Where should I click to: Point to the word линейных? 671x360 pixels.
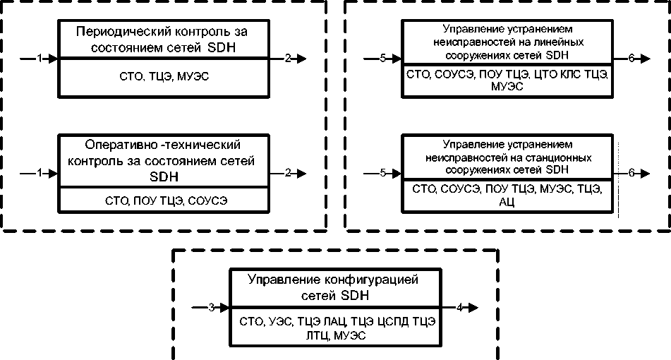coord(561,42)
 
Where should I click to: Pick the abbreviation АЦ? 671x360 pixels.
coord(507,202)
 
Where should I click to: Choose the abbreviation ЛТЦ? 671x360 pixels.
coord(317,335)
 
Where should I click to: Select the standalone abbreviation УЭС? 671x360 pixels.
coord(281,321)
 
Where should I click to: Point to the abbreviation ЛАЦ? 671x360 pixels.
coord(337,321)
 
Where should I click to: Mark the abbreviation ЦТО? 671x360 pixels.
coord(545,75)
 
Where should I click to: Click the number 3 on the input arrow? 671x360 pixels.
coord(212,307)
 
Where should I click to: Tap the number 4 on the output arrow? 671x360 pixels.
coord(459,307)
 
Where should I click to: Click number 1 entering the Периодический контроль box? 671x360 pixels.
coord(40,58)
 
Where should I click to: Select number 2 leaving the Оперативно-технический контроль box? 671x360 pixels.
coord(288,173)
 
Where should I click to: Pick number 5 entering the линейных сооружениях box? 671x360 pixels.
coord(382,58)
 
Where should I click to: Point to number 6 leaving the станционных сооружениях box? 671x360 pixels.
coord(631,173)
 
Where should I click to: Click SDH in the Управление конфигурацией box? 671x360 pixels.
coord(355,296)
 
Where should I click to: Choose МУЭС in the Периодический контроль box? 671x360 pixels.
coord(193,77)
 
